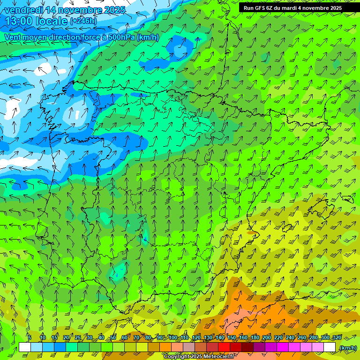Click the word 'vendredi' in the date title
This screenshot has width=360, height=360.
click(x=23, y=9)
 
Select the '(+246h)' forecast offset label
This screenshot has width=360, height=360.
click(x=83, y=21)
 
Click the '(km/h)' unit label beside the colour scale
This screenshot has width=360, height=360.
click(x=348, y=348)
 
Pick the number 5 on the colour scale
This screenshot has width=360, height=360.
click(x=29, y=338)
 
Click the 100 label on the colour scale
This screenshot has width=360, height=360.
click(x=173, y=338)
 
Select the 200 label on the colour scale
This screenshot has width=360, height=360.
click(x=267, y=338)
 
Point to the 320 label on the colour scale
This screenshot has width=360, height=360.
click(x=337, y=338)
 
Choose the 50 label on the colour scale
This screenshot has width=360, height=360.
click(x=113, y=338)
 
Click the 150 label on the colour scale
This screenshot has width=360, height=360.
click(x=232, y=338)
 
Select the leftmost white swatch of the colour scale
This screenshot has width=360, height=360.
click(x=25, y=347)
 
